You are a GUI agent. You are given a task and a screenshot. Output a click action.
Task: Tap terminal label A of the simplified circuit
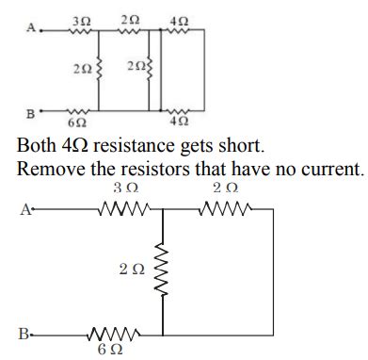click(22, 209)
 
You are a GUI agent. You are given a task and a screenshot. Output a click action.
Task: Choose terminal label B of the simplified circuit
click(22, 333)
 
